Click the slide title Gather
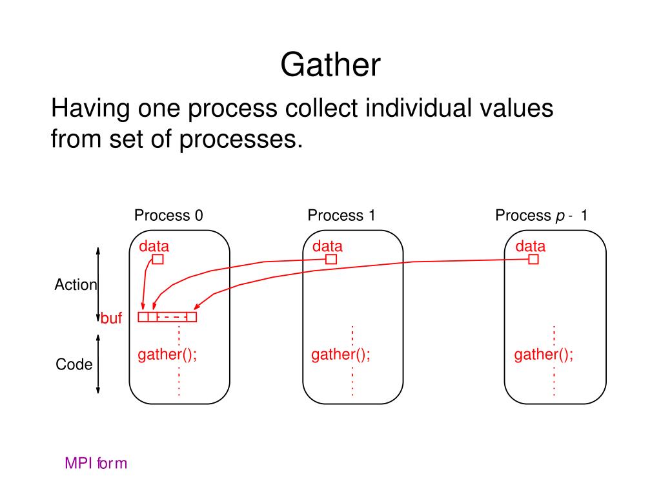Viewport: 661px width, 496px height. tap(330, 65)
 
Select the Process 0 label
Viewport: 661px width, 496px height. tap(168, 216)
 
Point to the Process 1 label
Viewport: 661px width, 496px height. tap(341, 216)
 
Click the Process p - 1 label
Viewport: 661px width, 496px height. tap(541, 216)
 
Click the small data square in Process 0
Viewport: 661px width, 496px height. tap(158, 259)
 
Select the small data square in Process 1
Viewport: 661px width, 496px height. tap(331, 259)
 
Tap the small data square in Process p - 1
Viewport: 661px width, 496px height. tap(533, 259)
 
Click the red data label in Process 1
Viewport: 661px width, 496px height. tap(327, 246)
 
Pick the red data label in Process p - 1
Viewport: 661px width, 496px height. tap(530, 246)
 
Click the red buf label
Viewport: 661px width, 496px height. tap(112, 318)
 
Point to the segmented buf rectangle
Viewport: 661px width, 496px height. tap(167, 317)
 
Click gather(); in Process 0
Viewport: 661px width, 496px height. tap(167, 355)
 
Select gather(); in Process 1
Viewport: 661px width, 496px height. tap(341, 355)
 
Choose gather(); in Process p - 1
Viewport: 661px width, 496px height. tap(544, 355)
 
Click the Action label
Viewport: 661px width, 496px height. tap(76, 285)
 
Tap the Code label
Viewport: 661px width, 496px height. tap(74, 364)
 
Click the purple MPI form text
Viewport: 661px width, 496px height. tap(96, 463)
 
